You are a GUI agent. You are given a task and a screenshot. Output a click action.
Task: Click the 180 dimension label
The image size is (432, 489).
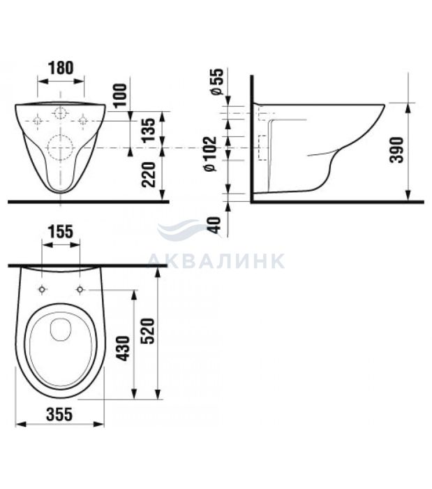coord(61,68)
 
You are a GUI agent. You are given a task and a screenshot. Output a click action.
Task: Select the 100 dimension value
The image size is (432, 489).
coord(121,95)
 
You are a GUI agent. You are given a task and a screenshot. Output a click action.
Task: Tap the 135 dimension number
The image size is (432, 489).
coord(148,130)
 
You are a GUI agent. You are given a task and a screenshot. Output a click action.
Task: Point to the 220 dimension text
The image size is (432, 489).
coord(148,175)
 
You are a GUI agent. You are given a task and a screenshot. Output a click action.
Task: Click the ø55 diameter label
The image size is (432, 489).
coord(216,81)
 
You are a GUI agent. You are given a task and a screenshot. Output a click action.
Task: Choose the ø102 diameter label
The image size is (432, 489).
coord(210,154)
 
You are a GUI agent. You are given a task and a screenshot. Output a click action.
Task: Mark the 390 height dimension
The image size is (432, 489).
coord(397,149)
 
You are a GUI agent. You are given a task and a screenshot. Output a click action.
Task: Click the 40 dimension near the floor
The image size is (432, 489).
coord(214,224)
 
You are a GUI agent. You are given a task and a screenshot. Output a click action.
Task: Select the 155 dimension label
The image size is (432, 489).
coord(61,231)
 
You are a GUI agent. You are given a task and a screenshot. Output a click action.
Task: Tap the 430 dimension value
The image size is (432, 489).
coord(124,349)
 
